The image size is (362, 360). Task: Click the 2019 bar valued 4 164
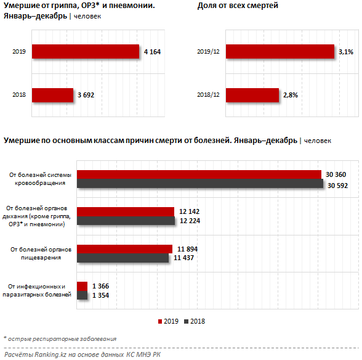pyautogui.click(x=86, y=51)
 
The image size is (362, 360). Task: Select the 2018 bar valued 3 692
pyautogui.click(x=53, y=95)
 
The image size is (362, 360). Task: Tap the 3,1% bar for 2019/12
pyautogui.click(x=280, y=51)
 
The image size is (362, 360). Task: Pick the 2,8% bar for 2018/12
pyautogui.click(x=252, y=95)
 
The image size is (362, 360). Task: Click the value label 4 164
pyautogui.click(x=153, y=52)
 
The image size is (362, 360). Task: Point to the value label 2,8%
pyautogui.click(x=291, y=95)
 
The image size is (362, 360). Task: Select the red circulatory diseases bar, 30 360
pyautogui.click(x=199, y=174)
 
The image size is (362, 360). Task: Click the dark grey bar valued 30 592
pyautogui.click(x=200, y=183)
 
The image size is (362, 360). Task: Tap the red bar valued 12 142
pyautogui.click(x=126, y=212)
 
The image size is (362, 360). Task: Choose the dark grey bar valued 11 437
pyautogui.click(x=123, y=258)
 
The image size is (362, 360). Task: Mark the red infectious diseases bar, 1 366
pyautogui.click(x=82, y=286)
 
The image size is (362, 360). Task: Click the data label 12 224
pyautogui.click(x=190, y=221)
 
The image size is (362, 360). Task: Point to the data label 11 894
pyautogui.click(x=187, y=249)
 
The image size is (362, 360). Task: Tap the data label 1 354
pyautogui.click(x=101, y=295)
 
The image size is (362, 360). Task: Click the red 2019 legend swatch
pyautogui.click(x=160, y=321)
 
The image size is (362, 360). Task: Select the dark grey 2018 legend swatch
pyautogui.click(x=187, y=321)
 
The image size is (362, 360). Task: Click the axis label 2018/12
pyautogui.click(x=208, y=95)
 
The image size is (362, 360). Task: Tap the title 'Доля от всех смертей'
pyautogui.click(x=238, y=6)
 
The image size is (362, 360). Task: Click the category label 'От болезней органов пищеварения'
pyautogui.click(x=41, y=253)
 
